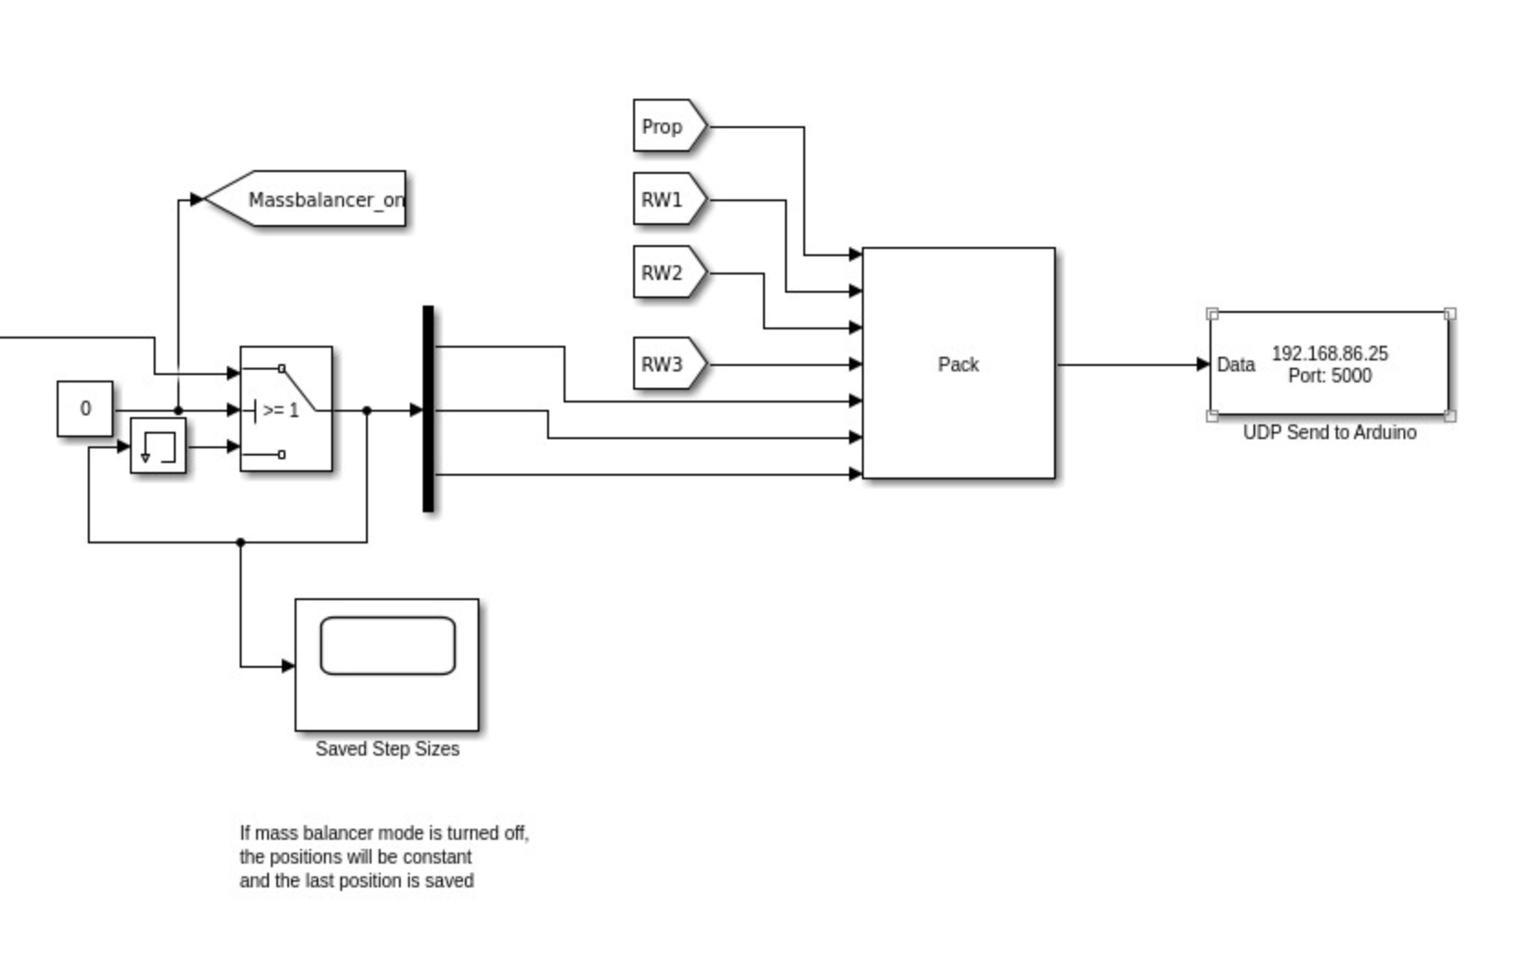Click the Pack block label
tap(958, 364)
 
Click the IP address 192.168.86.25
tap(1329, 353)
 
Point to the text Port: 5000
tap(1329, 376)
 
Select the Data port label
tap(1235, 365)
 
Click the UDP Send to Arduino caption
tap(1329, 433)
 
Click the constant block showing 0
tap(85, 409)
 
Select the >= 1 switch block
tap(285, 409)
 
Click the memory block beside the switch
tap(158, 446)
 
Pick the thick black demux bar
tap(428, 409)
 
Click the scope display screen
tap(387, 646)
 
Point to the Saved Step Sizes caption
tap(387, 749)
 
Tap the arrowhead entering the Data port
tap(1203, 365)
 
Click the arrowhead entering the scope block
tap(288, 666)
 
